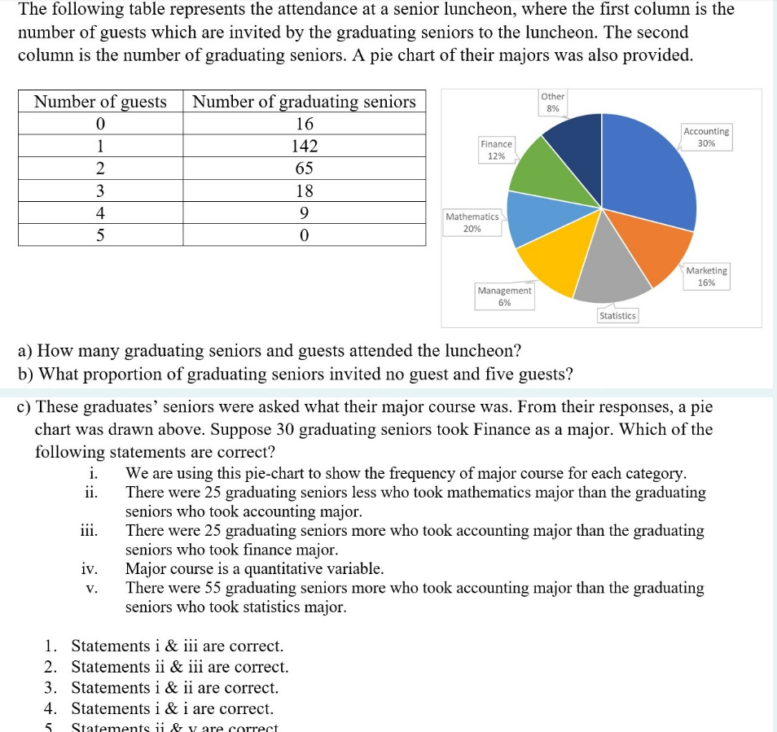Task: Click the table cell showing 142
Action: click(304, 147)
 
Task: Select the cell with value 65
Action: click(304, 169)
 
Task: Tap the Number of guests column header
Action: click(100, 102)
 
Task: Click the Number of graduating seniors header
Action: click(304, 102)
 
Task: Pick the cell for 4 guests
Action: click(100, 213)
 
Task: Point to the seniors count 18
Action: click(304, 191)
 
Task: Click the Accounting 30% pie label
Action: click(706, 137)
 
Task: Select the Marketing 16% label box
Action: click(706, 276)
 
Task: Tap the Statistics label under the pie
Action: click(617, 315)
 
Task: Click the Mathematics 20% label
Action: click(472, 222)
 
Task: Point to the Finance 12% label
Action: click(496, 149)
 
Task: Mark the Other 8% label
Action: click(552, 102)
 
